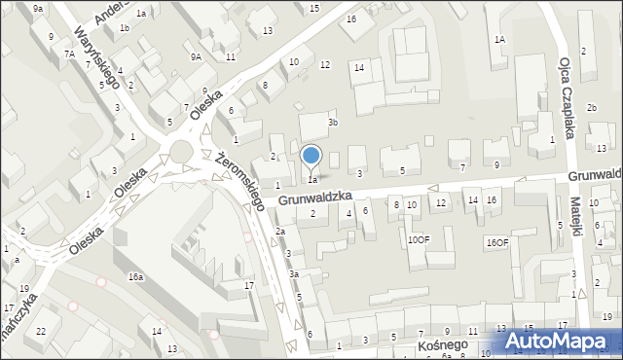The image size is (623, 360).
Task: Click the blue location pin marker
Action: click(x=311, y=157)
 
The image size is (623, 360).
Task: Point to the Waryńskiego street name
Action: click(x=97, y=55)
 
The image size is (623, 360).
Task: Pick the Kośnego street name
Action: click(x=443, y=345)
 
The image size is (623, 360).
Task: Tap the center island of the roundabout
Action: click(x=181, y=152)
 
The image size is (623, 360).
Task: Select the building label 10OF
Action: click(x=418, y=239)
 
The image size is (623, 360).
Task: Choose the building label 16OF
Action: click(x=497, y=242)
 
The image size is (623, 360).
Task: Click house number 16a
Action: click(x=135, y=277)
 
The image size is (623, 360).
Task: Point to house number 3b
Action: click(x=333, y=123)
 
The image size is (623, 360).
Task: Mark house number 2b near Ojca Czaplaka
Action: click(x=591, y=106)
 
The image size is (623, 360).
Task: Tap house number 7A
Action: click(x=70, y=54)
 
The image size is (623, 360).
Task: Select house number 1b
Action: click(x=124, y=28)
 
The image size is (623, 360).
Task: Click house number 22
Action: click(x=41, y=332)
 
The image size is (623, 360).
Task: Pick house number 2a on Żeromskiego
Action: click(x=279, y=232)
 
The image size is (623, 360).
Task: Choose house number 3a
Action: click(x=293, y=275)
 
